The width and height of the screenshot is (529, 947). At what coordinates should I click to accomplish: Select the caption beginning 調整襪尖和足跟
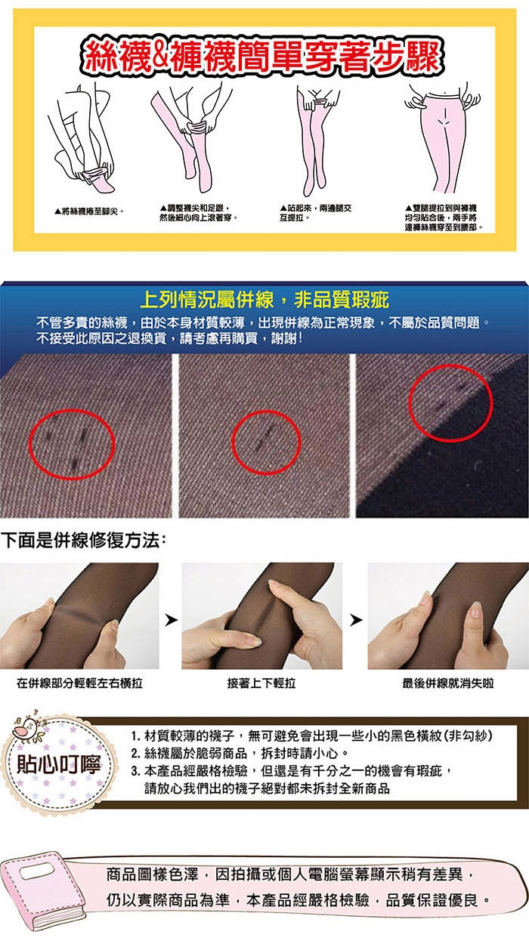[199, 213]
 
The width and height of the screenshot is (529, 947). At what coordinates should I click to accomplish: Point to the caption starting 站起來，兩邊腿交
[315, 213]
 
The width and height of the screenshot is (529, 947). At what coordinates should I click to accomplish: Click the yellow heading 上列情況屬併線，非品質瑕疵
[264, 300]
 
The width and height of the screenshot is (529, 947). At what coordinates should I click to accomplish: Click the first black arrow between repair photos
[171, 620]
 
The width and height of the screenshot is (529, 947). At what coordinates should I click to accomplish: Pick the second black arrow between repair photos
[356, 620]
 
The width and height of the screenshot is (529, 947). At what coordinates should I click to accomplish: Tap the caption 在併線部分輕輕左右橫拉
[79, 683]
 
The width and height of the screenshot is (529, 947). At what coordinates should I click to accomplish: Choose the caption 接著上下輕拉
[261, 683]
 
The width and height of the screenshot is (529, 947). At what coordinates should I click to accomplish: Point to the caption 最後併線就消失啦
[447, 683]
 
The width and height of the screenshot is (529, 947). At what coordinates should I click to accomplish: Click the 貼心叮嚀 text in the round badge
[58, 764]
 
